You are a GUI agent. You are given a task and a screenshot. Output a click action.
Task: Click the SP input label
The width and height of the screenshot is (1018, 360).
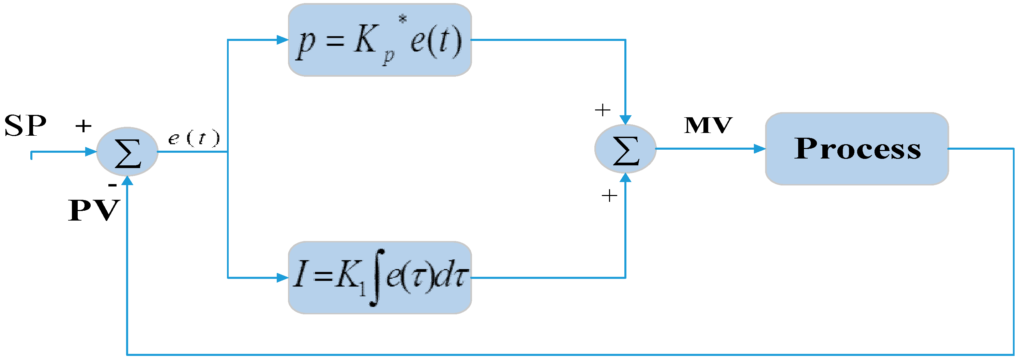click(x=25, y=126)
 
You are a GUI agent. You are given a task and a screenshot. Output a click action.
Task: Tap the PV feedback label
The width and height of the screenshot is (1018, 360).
click(x=94, y=210)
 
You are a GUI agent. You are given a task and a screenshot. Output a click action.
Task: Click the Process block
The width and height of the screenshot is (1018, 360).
click(x=857, y=149)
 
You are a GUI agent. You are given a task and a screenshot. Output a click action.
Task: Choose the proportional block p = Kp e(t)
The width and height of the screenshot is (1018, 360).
click(x=380, y=40)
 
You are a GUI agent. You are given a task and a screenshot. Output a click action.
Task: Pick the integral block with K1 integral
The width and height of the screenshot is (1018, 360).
click(x=380, y=277)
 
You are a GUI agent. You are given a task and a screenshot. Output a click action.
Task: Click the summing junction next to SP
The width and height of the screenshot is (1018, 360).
click(x=127, y=152)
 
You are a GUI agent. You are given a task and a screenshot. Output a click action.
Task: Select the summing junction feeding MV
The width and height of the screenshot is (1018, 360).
click(x=625, y=149)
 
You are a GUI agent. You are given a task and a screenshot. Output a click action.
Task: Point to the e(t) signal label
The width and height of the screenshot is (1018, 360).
click(x=194, y=138)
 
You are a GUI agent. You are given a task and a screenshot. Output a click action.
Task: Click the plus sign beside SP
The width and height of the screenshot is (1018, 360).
click(x=83, y=126)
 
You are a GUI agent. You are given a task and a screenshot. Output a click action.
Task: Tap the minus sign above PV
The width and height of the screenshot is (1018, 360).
click(x=112, y=184)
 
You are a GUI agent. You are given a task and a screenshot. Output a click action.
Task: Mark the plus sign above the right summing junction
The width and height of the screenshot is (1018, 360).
click(x=602, y=110)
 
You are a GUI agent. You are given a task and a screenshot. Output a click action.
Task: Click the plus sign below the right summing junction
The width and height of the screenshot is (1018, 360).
click(x=609, y=195)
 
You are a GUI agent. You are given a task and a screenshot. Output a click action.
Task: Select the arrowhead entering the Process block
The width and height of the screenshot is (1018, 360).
click(x=760, y=149)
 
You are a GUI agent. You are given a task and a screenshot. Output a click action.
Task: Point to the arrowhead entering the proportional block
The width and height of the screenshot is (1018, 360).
click(x=282, y=40)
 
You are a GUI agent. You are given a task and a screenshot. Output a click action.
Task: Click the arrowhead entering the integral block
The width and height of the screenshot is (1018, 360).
click(x=282, y=278)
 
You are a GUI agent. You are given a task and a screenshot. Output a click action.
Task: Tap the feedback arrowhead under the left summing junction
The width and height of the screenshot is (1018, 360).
click(x=127, y=181)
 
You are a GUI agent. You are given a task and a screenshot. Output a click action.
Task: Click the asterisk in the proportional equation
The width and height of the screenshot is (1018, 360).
click(x=403, y=18)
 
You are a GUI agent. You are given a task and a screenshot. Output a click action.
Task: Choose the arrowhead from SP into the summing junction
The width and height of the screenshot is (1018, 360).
click(x=91, y=152)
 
